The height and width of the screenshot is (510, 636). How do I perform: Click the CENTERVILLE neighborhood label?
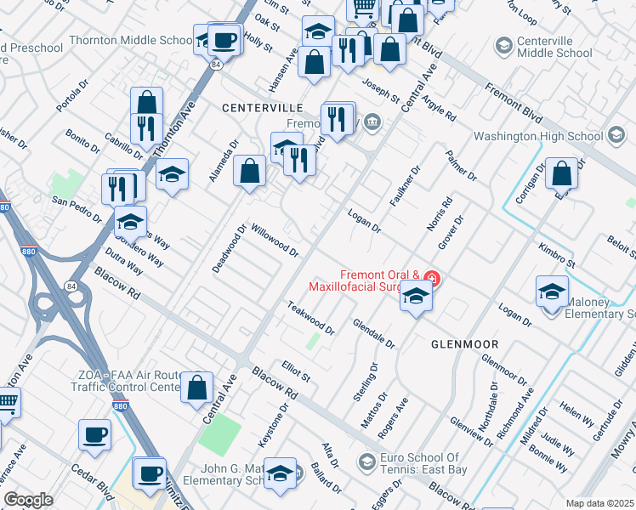(x=263, y=108)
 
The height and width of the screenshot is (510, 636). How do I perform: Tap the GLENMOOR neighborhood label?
(x=464, y=344)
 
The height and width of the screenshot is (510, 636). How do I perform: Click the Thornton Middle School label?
(x=130, y=40)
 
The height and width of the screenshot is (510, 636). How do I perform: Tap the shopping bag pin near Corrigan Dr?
(x=562, y=174)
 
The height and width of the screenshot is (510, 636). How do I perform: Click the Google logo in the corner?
(x=28, y=500)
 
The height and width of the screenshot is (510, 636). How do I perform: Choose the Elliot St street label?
(x=296, y=371)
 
